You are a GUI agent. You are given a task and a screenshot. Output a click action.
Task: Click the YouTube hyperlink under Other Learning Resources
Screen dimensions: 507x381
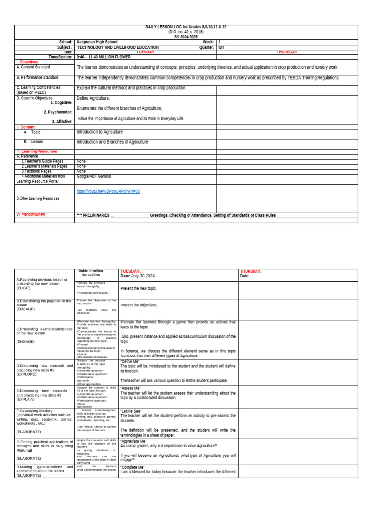click(x=108, y=191)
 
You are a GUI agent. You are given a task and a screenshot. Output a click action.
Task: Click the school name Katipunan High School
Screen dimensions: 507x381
click(x=97, y=42)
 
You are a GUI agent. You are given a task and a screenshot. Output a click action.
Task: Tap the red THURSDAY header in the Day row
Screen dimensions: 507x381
click(x=286, y=52)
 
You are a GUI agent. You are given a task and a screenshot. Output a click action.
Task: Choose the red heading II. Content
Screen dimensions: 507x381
click(x=25, y=127)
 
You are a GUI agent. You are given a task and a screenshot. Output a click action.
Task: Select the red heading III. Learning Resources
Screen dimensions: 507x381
click(x=36, y=152)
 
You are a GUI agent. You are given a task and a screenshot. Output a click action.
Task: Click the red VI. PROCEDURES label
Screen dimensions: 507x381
click(x=30, y=215)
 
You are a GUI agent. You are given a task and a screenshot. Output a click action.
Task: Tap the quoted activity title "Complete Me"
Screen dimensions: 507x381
click(x=132, y=467)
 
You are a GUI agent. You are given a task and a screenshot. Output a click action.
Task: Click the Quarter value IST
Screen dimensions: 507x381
click(x=221, y=47)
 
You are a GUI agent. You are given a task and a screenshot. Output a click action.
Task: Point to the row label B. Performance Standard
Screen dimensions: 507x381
click(x=37, y=78)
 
